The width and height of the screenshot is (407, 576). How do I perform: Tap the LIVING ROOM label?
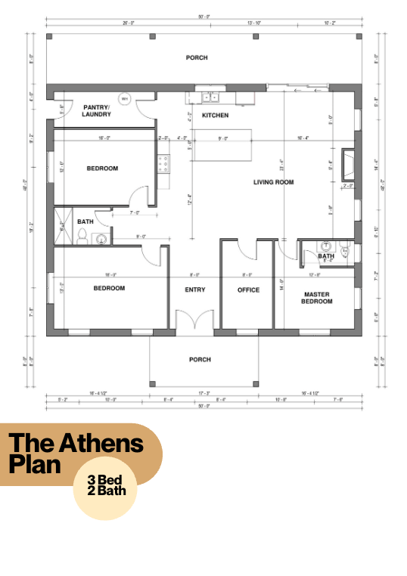coord(273,182)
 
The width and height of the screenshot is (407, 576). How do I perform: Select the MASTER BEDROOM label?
coord(318,298)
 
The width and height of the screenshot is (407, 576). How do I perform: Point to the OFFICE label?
coord(248,290)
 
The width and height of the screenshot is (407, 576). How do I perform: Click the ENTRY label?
coord(195,290)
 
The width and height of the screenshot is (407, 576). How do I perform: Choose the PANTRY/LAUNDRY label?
coord(97,111)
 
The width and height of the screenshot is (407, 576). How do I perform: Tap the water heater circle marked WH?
coord(125,99)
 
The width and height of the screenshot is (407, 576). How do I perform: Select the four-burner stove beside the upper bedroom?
coord(163,163)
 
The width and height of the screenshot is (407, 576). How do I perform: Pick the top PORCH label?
coord(197,57)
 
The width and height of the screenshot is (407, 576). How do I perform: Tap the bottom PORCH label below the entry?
coord(200,360)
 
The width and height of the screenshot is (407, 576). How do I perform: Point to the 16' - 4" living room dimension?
coord(305,138)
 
